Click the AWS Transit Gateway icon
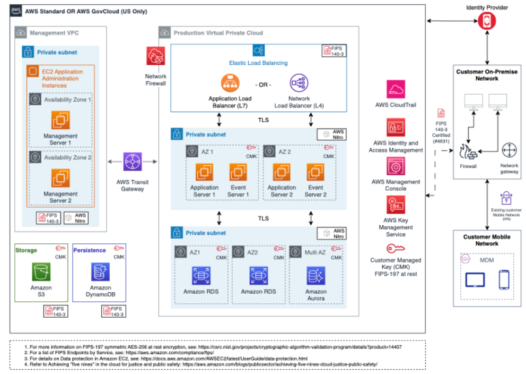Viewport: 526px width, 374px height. (133, 161)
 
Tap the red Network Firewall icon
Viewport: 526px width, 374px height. (156, 56)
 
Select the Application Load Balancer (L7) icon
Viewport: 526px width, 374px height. (230, 83)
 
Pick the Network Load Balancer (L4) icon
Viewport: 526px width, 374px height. (299, 83)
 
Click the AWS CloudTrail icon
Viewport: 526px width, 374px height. (396, 89)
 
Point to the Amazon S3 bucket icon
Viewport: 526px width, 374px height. (41, 271)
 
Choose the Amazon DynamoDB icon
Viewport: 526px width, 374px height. (100, 271)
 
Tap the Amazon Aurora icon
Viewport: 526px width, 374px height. (315, 276)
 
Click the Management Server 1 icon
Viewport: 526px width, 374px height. (60, 120)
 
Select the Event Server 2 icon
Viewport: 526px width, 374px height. (315, 172)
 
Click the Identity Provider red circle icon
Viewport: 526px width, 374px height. (487, 21)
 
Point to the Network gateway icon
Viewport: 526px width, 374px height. (509, 150)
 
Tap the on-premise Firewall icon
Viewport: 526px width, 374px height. (468, 152)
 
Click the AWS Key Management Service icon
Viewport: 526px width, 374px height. (396, 205)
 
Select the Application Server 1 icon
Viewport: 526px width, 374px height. (204, 172)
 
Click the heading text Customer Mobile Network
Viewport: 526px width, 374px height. (487, 240)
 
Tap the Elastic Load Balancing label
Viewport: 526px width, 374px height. (258, 63)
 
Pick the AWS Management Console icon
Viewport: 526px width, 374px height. (396, 166)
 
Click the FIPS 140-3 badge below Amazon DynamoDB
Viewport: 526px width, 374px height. (113, 311)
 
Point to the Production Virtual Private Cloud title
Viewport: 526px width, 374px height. (218, 33)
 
